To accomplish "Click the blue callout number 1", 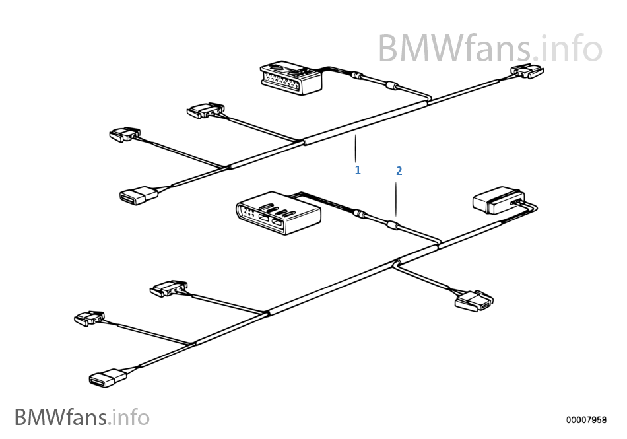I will (358, 170).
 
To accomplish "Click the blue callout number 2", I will (399, 170).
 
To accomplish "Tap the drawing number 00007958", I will (585, 419).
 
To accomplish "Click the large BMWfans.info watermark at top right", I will (490, 48).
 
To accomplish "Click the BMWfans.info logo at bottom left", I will (82, 417).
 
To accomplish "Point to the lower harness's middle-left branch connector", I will (168, 289).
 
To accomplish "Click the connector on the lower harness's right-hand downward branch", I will (474, 300).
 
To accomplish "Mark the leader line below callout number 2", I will (396, 198).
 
